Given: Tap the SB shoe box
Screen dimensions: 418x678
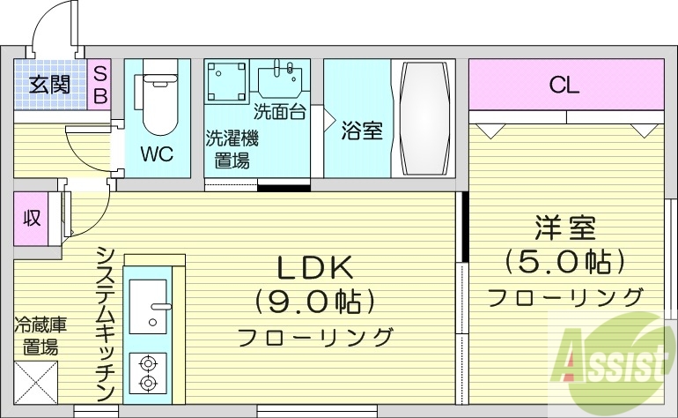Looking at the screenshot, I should point(99,85).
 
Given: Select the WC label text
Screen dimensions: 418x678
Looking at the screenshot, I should point(157,153).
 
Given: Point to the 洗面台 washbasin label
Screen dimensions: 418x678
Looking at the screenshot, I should point(279,112).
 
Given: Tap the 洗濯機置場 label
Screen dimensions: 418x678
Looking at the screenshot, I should point(232,149).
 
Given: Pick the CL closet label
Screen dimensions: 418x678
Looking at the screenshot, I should point(564,85).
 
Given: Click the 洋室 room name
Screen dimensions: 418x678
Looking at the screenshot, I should point(564,228).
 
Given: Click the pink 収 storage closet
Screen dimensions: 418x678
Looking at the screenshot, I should point(32,218).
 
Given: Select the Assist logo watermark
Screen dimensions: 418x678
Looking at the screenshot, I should point(608,357).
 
